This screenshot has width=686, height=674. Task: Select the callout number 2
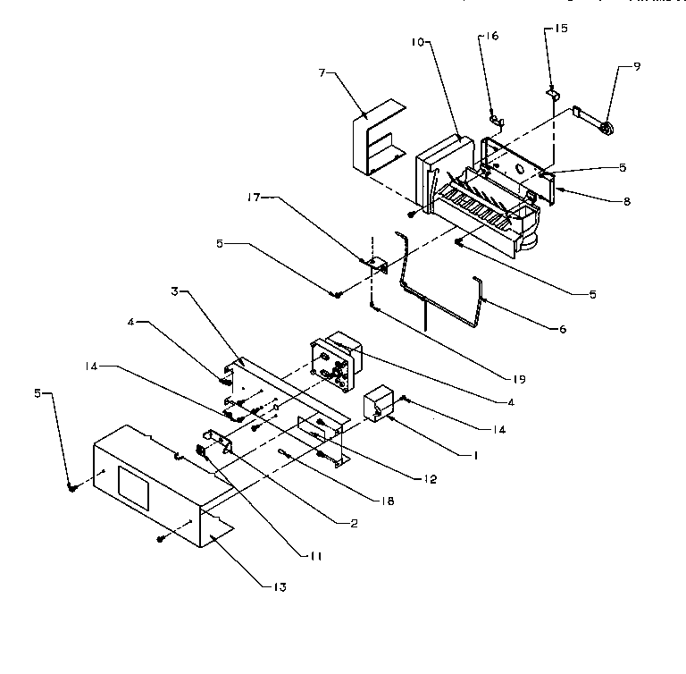click(x=354, y=524)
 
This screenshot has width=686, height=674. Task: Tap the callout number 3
click(x=175, y=291)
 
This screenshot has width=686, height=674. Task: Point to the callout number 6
click(x=562, y=329)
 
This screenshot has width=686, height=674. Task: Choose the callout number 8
click(x=627, y=202)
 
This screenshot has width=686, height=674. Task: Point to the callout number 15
click(x=561, y=29)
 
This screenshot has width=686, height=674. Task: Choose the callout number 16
click(x=492, y=37)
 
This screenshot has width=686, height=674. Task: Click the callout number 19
click(x=519, y=379)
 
